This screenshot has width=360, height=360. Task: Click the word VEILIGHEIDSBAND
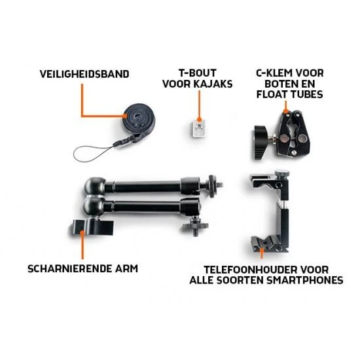[x=84, y=74]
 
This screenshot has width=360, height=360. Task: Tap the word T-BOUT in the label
[x=198, y=73]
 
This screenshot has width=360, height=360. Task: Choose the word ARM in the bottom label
[x=126, y=268]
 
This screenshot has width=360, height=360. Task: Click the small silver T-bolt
[x=198, y=128]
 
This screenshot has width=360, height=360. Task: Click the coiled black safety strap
[x=139, y=122]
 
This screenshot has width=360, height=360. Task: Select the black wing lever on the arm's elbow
[x=92, y=227]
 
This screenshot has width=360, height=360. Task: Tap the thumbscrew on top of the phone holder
[x=281, y=173]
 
